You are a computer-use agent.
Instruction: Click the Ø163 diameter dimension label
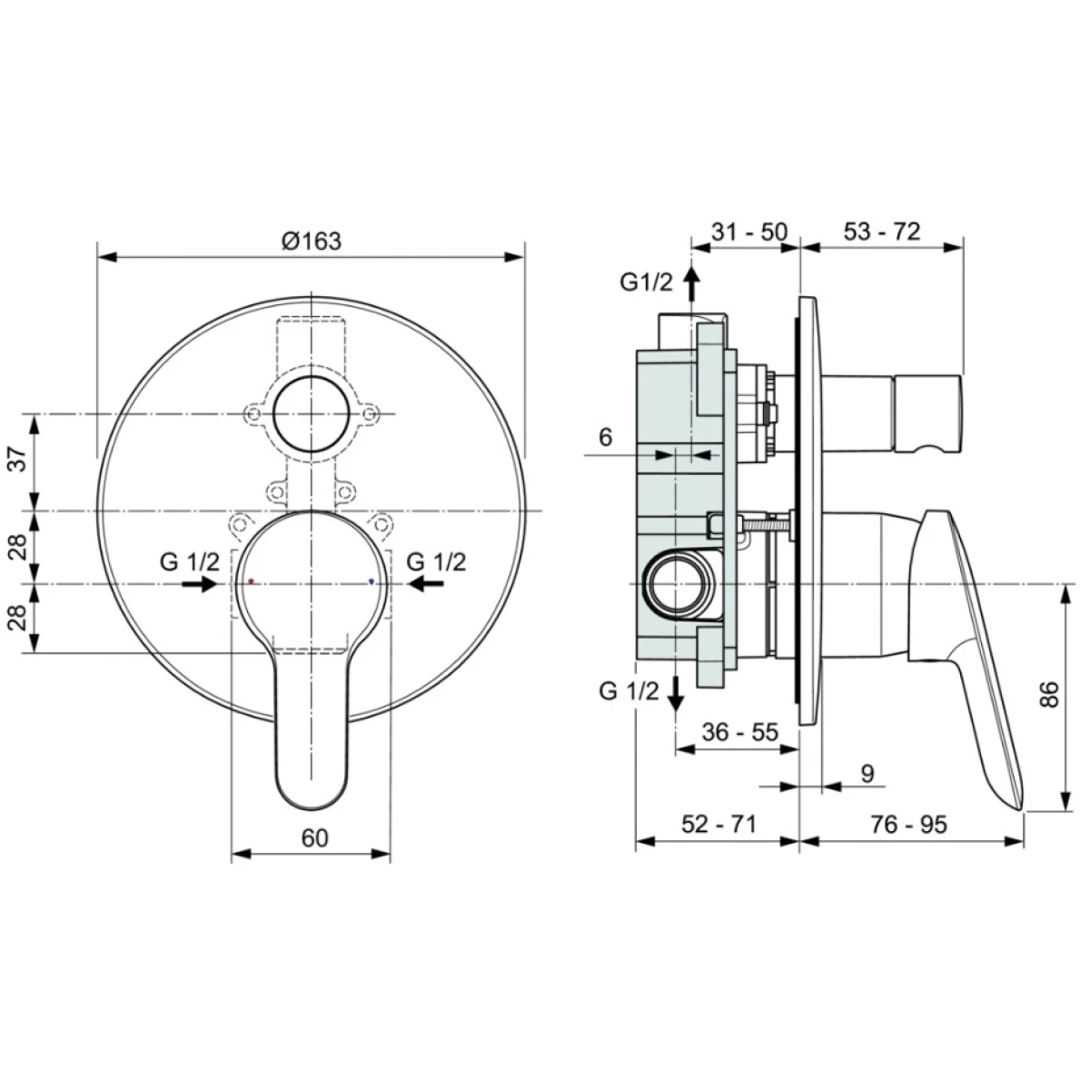click(x=312, y=241)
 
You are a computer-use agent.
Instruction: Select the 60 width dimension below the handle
click(x=314, y=837)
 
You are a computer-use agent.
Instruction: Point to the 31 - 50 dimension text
click(x=748, y=232)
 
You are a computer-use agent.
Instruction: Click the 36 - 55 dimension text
click(x=740, y=732)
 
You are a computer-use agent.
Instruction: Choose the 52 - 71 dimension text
click(x=718, y=824)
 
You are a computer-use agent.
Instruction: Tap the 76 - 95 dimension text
click(x=908, y=824)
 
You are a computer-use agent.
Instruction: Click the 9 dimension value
click(x=867, y=773)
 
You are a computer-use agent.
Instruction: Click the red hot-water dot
click(x=251, y=581)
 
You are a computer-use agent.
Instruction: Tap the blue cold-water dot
click(x=371, y=581)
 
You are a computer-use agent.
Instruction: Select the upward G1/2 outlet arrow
click(x=690, y=286)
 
